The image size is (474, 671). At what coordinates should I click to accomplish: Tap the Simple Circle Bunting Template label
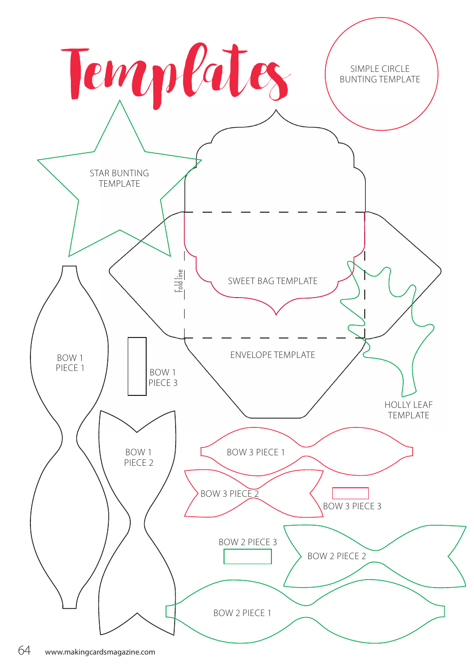click(380, 74)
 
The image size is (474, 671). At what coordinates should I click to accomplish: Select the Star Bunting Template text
click(119, 178)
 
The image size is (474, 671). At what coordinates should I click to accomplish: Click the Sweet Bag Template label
click(272, 281)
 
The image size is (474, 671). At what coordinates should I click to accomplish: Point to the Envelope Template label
click(272, 355)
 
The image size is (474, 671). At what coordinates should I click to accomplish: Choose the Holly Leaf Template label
click(408, 410)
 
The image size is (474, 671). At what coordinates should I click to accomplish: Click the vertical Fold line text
click(179, 281)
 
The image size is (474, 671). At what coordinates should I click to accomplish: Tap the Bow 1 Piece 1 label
click(70, 363)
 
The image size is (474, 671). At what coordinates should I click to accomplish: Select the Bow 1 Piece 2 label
click(139, 457)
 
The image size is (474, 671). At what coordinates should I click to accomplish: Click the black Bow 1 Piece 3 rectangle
click(137, 366)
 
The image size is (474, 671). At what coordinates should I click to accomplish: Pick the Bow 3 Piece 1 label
click(255, 452)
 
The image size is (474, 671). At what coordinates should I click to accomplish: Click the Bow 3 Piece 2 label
click(230, 494)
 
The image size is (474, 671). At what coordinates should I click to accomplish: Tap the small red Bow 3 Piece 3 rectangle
click(350, 493)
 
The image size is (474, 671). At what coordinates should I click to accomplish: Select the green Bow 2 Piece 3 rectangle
click(247, 556)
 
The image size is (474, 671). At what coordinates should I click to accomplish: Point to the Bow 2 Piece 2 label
click(337, 556)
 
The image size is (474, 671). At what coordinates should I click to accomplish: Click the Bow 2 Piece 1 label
click(242, 613)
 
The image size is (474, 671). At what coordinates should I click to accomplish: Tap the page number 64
click(24, 650)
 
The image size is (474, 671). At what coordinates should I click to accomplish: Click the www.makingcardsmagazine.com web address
click(100, 652)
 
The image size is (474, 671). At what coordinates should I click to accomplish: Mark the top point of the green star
click(120, 101)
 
